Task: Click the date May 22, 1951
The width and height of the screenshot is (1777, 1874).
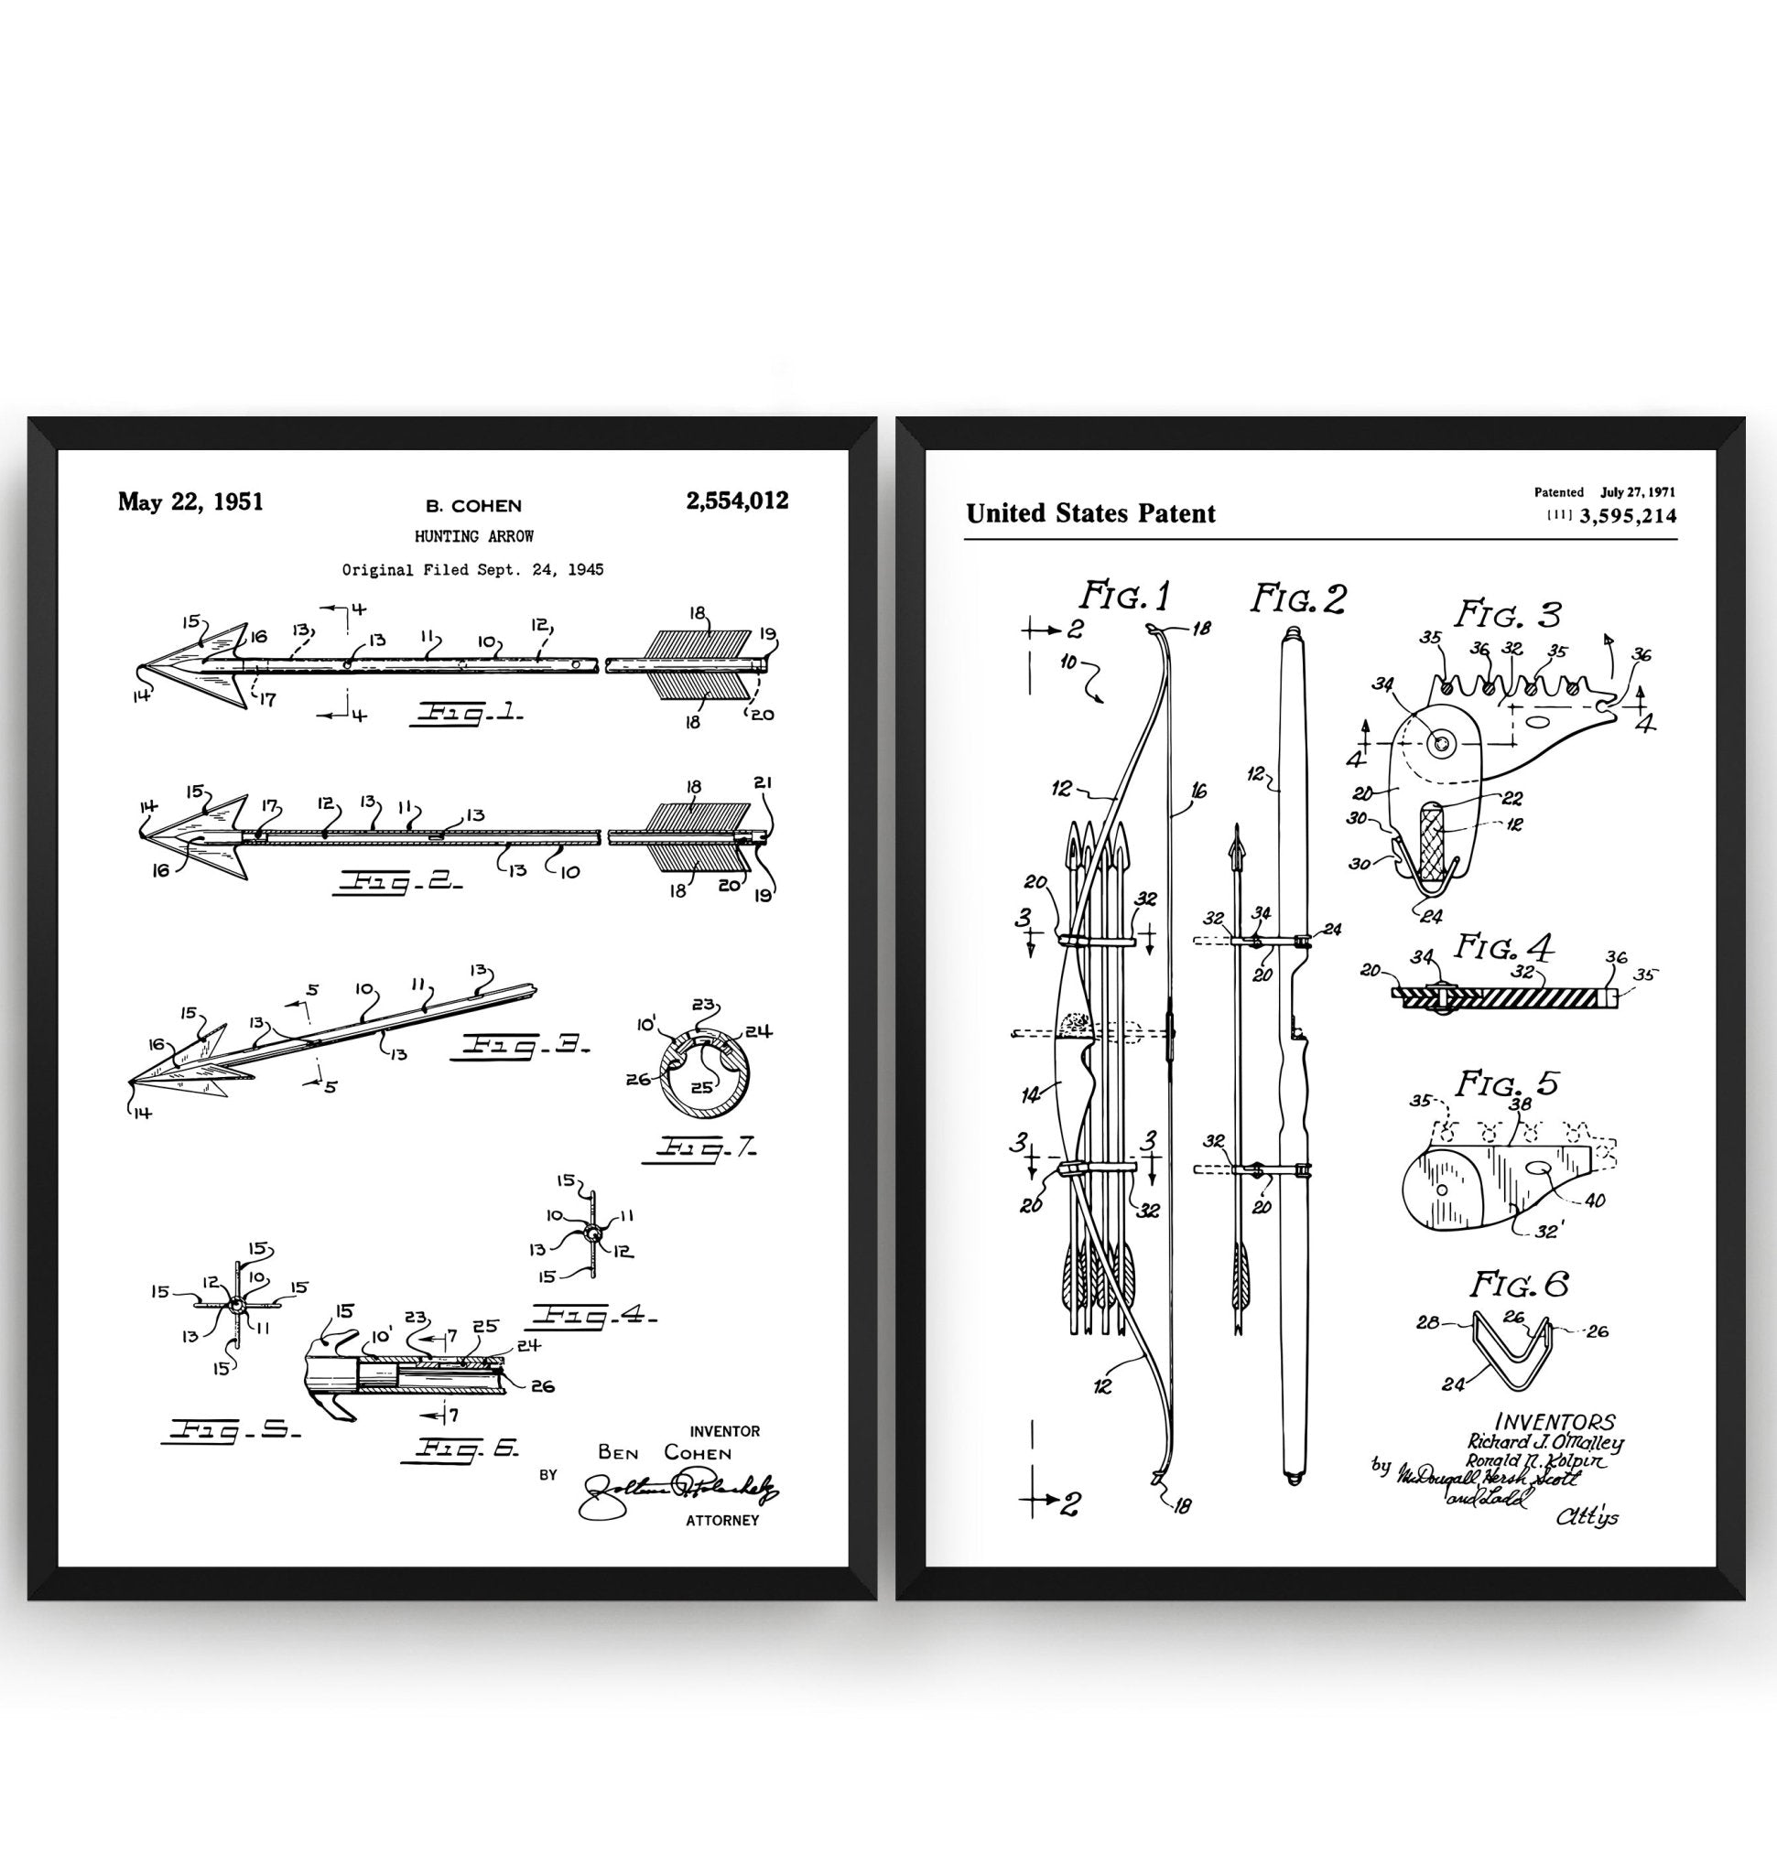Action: [190, 501]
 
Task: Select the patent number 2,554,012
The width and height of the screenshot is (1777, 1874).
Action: [736, 501]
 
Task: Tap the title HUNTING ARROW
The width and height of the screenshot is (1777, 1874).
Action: [473, 536]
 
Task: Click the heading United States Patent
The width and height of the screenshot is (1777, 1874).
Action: [1090, 514]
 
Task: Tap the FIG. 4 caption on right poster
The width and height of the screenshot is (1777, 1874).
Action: [1505, 946]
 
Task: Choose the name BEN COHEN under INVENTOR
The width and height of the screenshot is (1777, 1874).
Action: [664, 1452]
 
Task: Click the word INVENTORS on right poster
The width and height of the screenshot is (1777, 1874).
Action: [1555, 1421]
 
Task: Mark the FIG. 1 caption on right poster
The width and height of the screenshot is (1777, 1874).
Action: [1125, 597]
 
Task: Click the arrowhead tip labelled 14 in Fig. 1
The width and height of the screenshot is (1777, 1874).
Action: [139, 669]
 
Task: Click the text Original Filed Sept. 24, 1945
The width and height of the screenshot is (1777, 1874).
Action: [472, 570]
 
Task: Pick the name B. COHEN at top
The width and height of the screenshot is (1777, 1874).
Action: [473, 506]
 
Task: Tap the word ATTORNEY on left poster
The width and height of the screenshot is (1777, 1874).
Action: [721, 1521]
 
